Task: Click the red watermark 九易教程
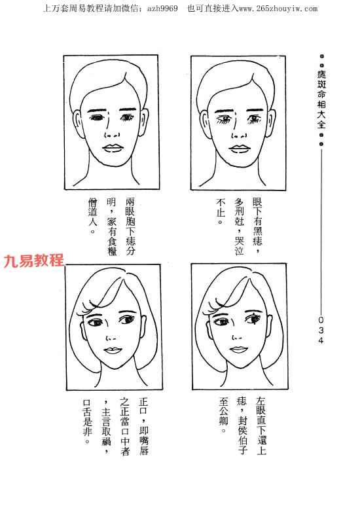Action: click(x=33, y=260)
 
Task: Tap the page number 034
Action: click(x=321, y=331)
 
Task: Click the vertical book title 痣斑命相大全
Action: click(x=321, y=99)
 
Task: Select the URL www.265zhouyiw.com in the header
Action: click(x=278, y=9)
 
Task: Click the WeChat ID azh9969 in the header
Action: click(x=162, y=9)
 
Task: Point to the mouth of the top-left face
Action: click(x=112, y=148)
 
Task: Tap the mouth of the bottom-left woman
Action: click(x=113, y=351)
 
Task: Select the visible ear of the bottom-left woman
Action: click(x=144, y=326)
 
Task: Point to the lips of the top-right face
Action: click(x=238, y=149)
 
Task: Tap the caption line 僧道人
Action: click(x=93, y=215)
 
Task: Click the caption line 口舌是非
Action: click(x=87, y=422)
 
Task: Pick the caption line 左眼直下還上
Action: click(x=261, y=425)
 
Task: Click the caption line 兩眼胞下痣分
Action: click(x=130, y=226)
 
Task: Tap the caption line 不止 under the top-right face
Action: click(x=221, y=210)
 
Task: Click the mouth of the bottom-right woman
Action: click(x=238, y=350)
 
